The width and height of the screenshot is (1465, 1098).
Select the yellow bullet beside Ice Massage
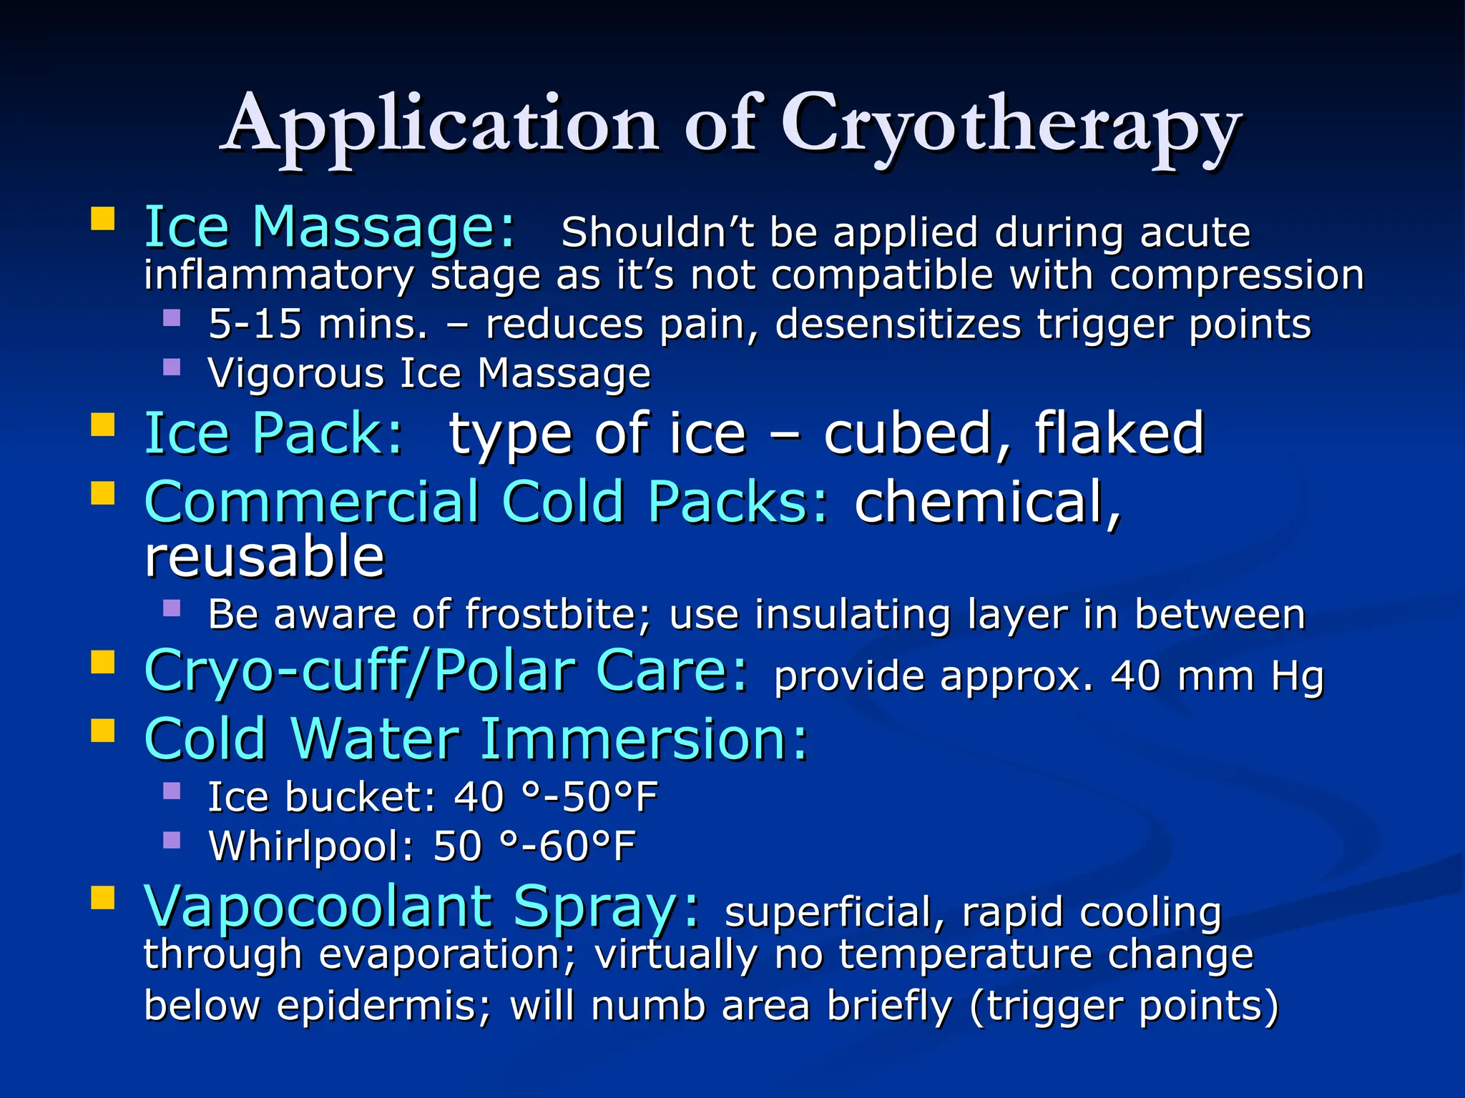[103, 219]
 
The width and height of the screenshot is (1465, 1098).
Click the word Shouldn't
[657, 232]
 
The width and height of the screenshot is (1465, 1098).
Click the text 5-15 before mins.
[255, 324]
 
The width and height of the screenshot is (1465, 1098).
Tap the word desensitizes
[898, 324]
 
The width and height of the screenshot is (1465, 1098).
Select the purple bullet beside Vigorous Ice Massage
[172, 367]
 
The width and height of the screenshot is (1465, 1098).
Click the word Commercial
[311, 502]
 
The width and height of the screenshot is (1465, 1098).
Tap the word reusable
[265, 557]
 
